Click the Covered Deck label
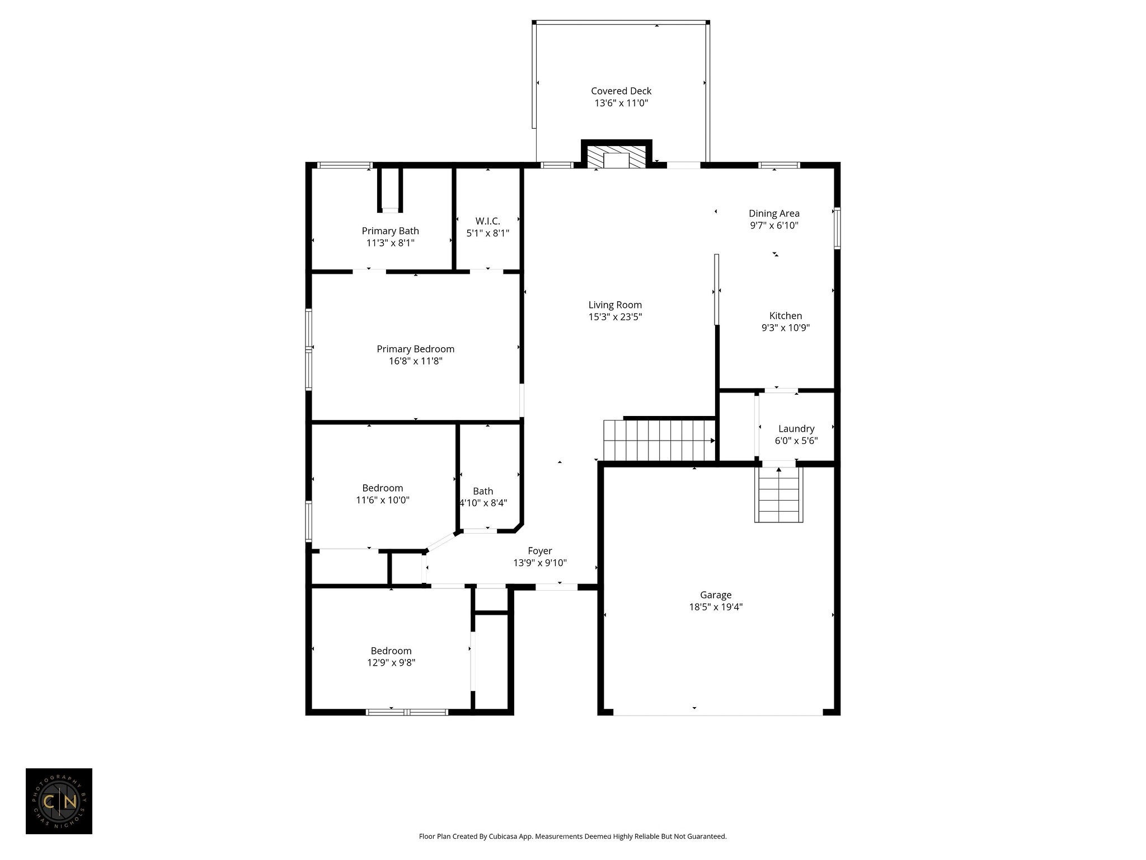pos(621,91)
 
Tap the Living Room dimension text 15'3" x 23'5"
pos(615,317)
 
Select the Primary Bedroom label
pos(415,349)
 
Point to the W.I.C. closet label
pos(488,221)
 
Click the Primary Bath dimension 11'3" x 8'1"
pos(391,243)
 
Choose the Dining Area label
pos(774,213)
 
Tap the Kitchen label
pos(786,316)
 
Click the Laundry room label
pos(796,429)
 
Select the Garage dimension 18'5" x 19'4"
pos(716,607)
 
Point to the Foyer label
pos(540,551)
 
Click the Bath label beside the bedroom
pos(483,491)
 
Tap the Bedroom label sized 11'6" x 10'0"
pos(383,488)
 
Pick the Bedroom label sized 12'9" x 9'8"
pos(391,651)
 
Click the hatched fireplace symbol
pos(617,157)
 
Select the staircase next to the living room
pos(659,440)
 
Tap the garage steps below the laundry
pos(779,494)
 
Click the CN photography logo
pos(59,801)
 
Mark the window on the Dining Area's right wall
pos(837,228)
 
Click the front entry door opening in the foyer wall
pos(557,587)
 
